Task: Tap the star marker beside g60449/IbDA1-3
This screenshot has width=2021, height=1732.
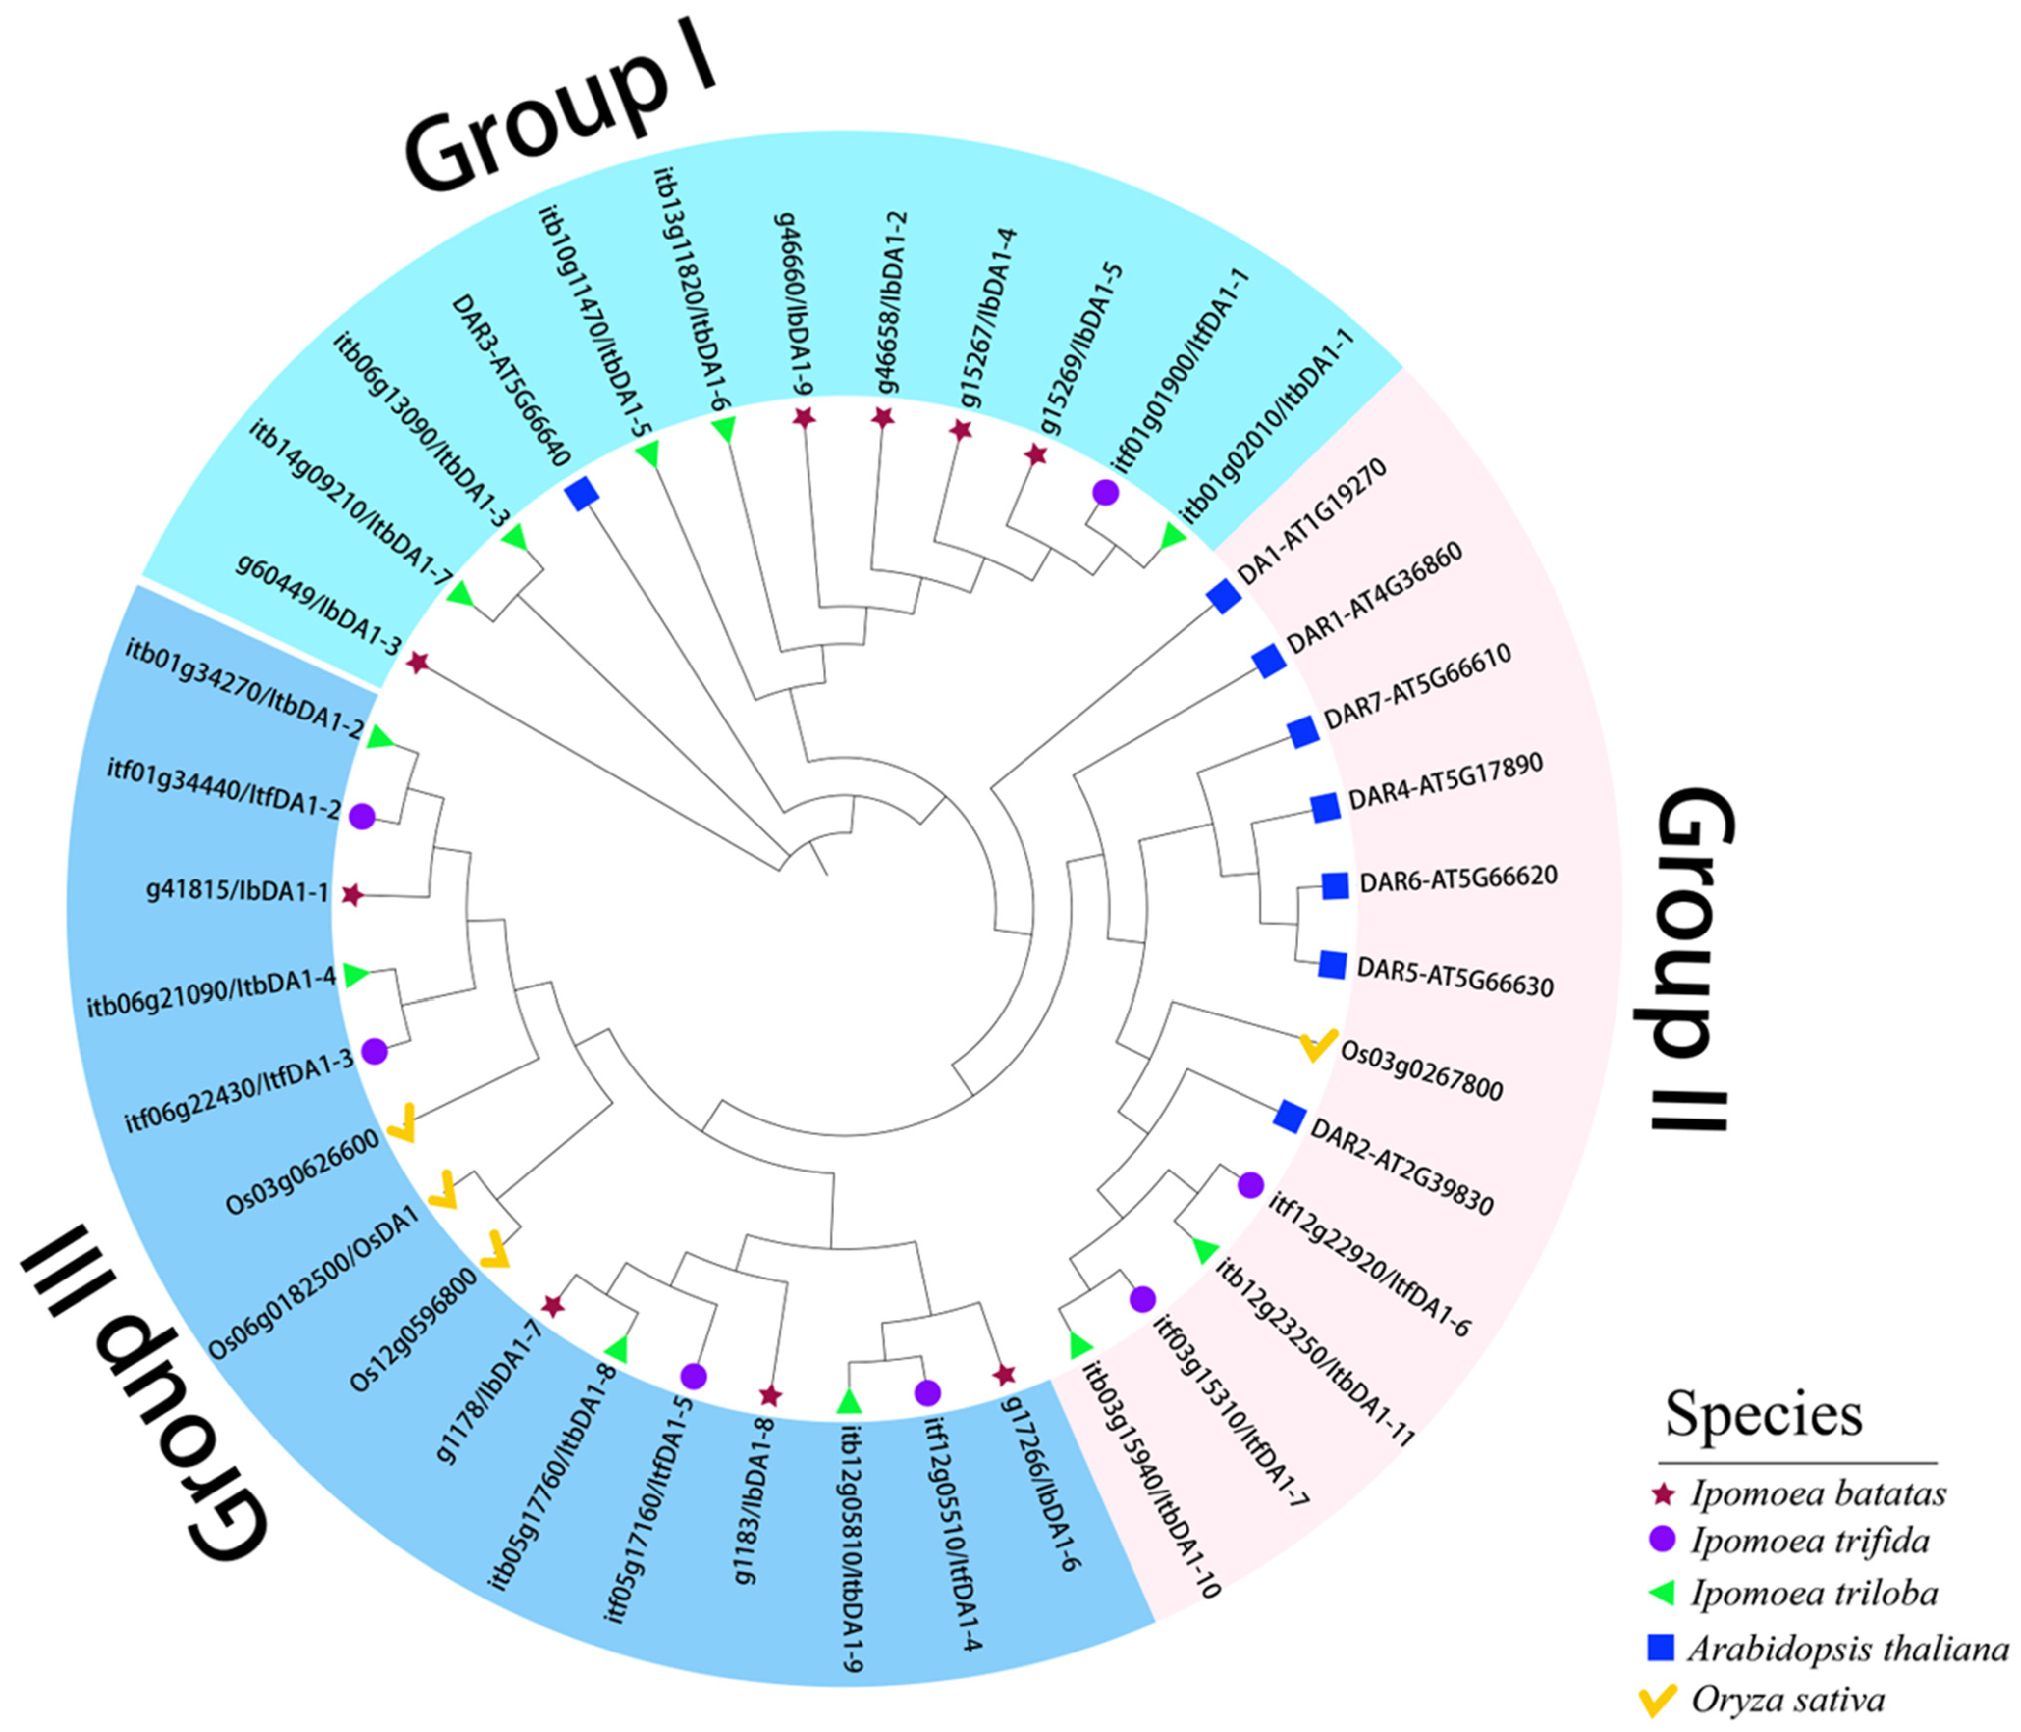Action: click(417, 663)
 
